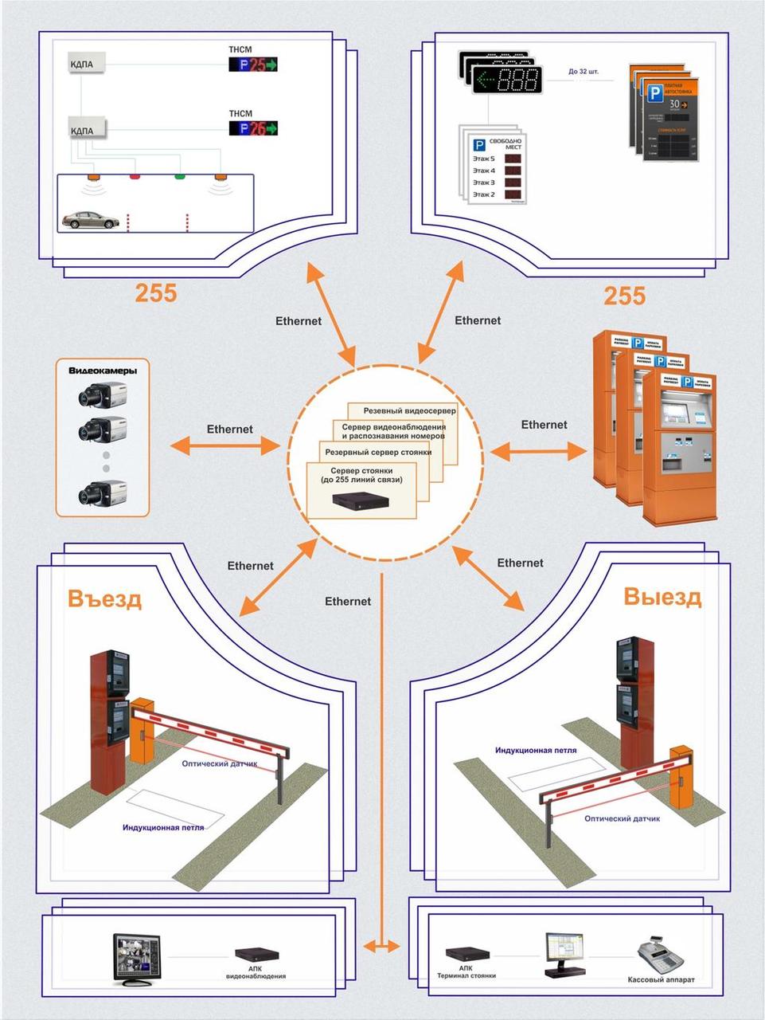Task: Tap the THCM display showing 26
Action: [253, 128]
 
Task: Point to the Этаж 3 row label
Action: [484, 182]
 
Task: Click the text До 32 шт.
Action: [584, 71]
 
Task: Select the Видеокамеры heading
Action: [103, 371]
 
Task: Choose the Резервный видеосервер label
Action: [409, 411]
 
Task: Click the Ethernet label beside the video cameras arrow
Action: [229, 429]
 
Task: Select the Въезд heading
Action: [105, 598]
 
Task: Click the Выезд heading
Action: [662, 597]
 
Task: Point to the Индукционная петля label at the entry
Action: [163, 827]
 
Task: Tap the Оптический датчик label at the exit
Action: [623, 818]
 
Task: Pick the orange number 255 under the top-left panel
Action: [155, 293]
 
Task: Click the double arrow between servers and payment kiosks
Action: [539, 452]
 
